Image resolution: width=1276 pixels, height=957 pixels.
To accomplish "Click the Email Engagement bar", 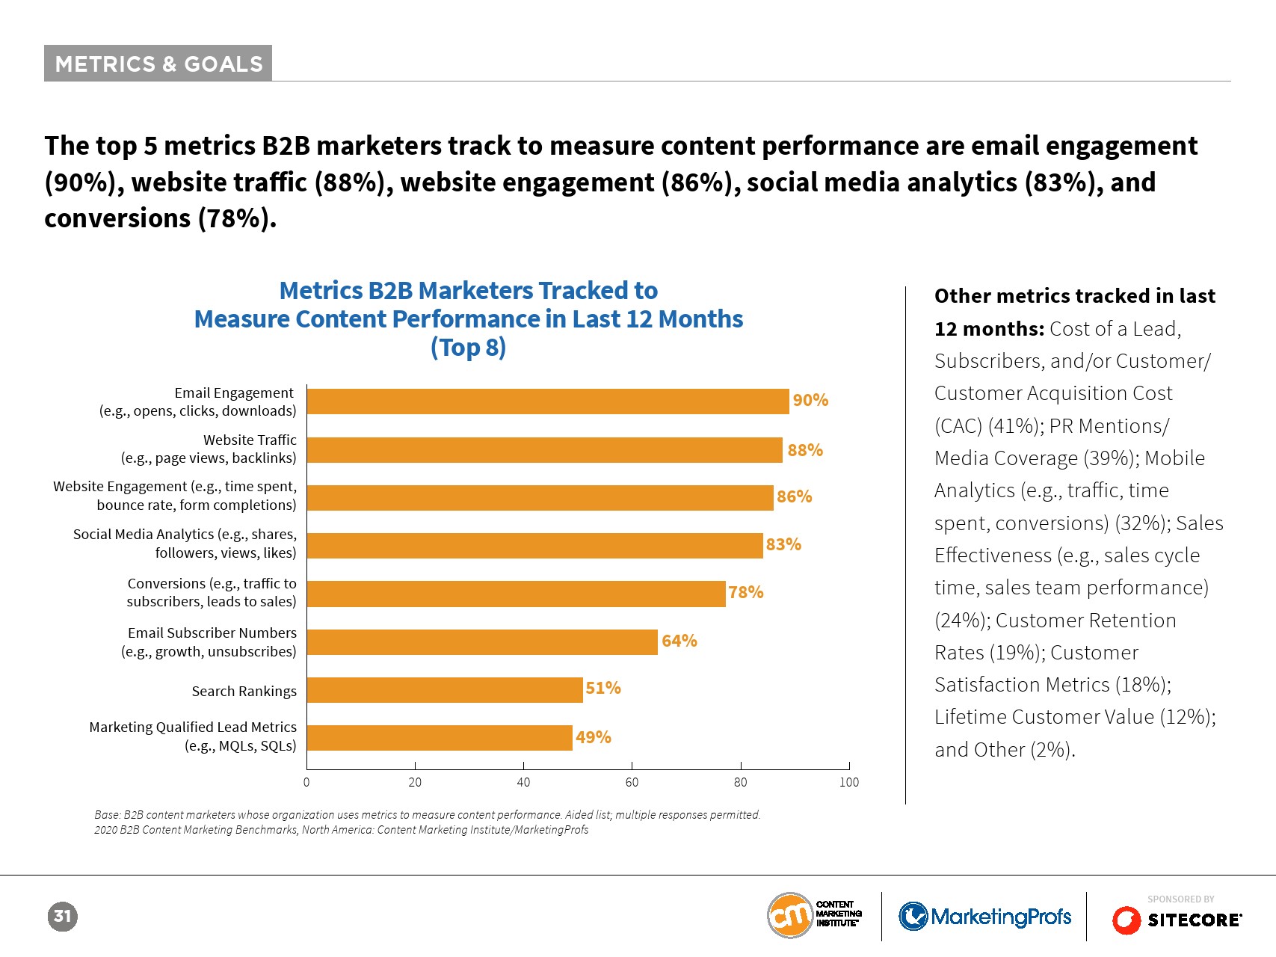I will pos(548,401).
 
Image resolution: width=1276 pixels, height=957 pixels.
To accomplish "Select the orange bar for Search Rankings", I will pos(445,689).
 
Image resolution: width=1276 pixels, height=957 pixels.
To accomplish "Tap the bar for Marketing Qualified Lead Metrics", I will pos(440,738).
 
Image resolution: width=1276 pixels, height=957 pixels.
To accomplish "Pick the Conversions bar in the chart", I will pos(516,594).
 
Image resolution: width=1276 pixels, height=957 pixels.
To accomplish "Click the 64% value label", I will pos(679,641).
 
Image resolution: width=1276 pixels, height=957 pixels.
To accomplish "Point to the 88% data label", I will pos(805,450).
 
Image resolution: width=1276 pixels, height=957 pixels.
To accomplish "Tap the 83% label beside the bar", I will pos(783,544).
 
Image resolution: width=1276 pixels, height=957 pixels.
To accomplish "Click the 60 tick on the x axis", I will pos(632,783).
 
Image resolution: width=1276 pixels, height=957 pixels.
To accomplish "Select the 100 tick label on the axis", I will pos(849,783).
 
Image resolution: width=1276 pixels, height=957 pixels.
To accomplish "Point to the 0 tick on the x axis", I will pos(306,783).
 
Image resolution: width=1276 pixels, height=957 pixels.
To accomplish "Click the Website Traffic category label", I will pos(209,449).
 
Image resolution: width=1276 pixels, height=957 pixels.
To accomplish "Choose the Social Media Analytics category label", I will pos(185,544).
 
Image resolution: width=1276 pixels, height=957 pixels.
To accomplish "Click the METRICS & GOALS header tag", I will pos(158,64).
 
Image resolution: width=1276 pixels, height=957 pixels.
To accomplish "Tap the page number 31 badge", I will pos(62,917).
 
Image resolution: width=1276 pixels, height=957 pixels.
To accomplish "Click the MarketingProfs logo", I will pos(984,917).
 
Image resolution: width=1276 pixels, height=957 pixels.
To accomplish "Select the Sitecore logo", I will pos(1177,920).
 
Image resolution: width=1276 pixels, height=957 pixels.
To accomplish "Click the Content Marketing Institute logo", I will pos(814,914).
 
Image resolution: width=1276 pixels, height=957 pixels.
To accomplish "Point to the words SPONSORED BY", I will pos(1180,899).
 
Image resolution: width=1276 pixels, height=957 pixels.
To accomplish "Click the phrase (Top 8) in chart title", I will pos(468,348).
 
